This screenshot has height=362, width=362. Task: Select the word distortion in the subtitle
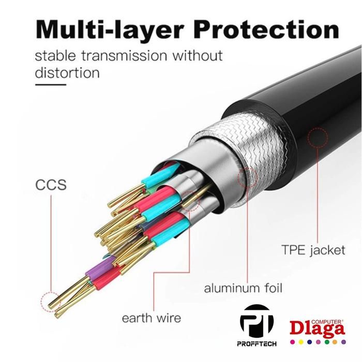67,72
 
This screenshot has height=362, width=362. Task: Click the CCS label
51,185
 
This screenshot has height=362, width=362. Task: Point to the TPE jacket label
313,251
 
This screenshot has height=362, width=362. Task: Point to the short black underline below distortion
50,84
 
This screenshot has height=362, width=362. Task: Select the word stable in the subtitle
52,55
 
